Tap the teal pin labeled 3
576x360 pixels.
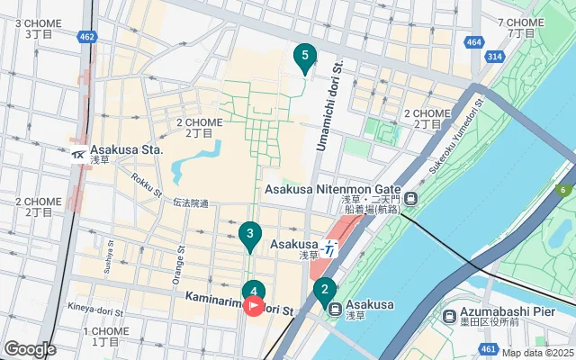pyautogui.click(x=250, y=235)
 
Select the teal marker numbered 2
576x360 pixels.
pyautogui.click(x=324, y=290)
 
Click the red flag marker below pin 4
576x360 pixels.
pyautogui.click(x=254, y=306)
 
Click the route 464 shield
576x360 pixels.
pyautogui.click(x=475, y=42)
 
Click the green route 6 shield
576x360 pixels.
pyautogui.click(x=564, y=190)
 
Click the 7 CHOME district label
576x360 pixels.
pyautogui.click(x=520, y=22)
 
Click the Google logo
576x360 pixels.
pyautogui.click(x=30, y=348)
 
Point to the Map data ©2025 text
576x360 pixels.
pyautogui.click(x=536, y=353)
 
